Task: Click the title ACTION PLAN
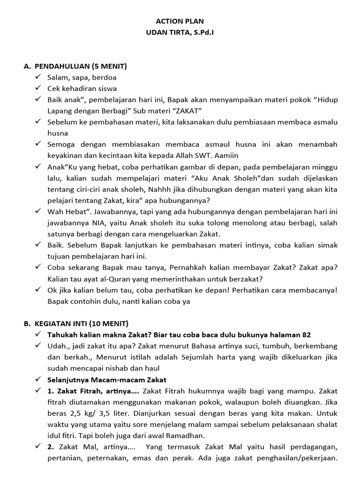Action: (x=180, y=22)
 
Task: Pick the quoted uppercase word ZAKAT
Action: (x=187, y=111)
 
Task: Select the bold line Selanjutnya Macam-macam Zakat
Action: (x=107, y=379)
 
